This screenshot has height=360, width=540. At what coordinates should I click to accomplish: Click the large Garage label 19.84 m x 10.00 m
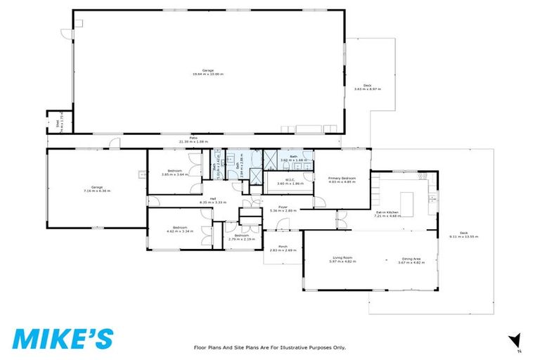[208, 72]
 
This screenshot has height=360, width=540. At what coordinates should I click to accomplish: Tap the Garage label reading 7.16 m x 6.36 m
[97, 188]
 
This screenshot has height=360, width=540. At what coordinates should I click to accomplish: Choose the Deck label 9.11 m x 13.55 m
[465, 235]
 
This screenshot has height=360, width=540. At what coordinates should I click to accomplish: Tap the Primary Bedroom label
[342, 180]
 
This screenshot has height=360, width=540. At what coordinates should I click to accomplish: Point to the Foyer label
[283, 208]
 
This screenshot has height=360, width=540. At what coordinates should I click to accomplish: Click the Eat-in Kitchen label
[388, 214]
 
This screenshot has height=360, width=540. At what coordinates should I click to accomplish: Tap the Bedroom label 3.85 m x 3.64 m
[172, 173]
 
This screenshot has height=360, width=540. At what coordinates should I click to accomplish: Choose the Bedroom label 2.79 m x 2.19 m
[241, 238]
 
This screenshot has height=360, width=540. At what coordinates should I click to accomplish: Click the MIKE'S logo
[62, 337]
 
